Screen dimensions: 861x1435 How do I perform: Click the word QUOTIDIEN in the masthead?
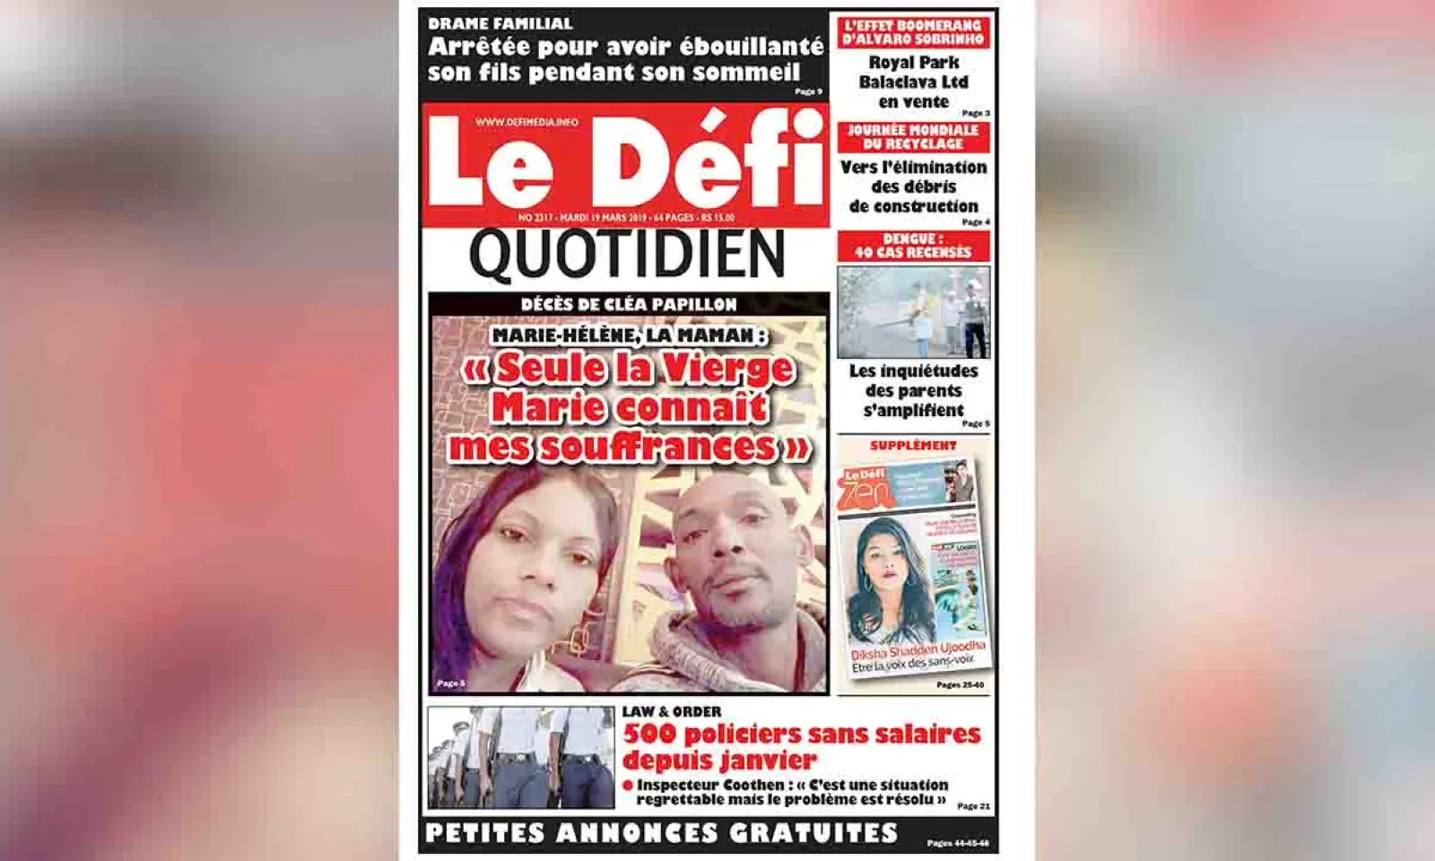click(x=627, y=255)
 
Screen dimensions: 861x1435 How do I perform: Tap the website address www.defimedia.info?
click(x=526, y=121)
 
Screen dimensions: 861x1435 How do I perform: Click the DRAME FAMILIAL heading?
click(x=500, y=23)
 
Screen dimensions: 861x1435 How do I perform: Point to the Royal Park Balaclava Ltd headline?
click(x=913, y=82)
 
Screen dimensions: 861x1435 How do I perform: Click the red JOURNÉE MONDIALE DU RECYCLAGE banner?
click(x=913, y=137)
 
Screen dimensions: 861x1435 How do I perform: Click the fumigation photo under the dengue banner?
click(x=913, y=312)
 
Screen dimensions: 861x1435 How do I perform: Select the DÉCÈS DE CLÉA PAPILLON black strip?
click(x=628, y=305)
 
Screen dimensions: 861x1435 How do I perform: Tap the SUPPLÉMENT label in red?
click(x=913, y=446)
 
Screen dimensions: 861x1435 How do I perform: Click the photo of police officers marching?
click(x=520, y=757)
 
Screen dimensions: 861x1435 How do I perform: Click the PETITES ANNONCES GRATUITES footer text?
click(x=661, y=833)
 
